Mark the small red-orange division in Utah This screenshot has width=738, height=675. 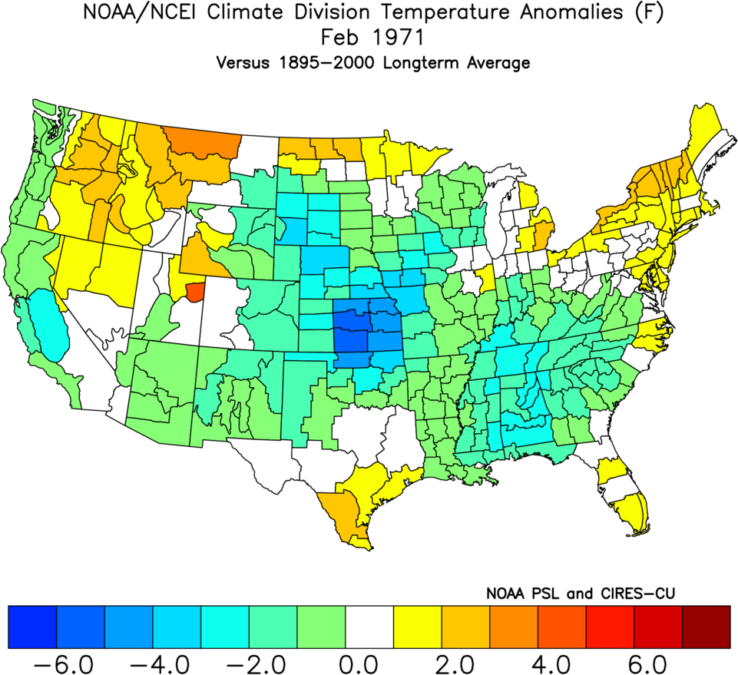tap(195, 292)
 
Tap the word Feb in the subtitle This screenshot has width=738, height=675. tap(339, 38)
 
